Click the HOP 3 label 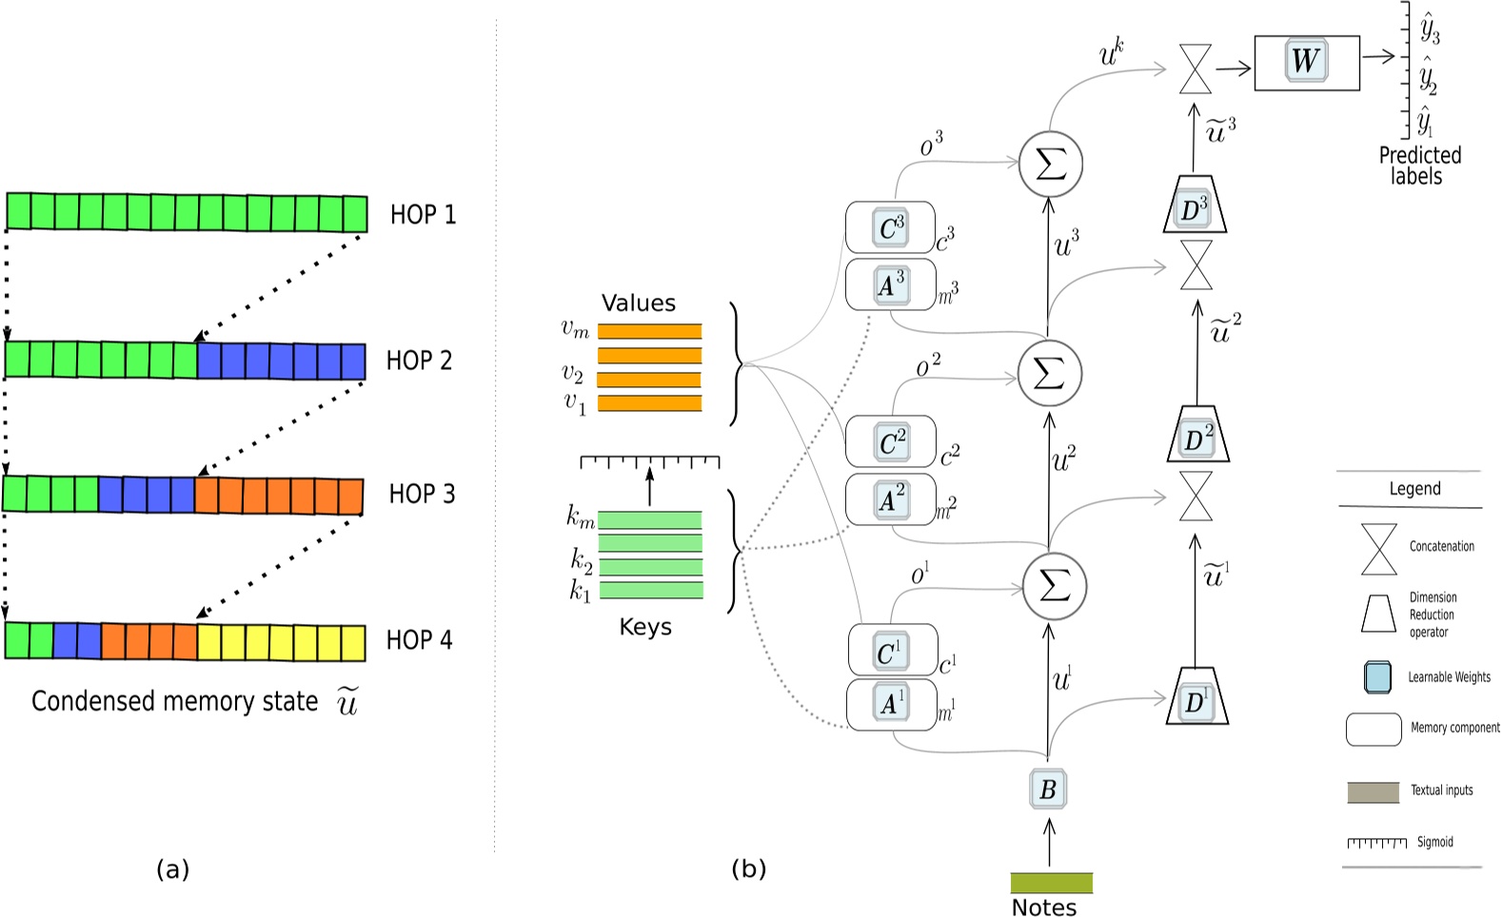click(422, 494)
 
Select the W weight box click(1305, 62)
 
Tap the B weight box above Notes click(1048, 789)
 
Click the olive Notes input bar click(1051, 883)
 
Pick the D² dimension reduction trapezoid click(1197, 437)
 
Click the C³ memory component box click(890, 228)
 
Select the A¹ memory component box click(891, 704)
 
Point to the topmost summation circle click(1050, 164)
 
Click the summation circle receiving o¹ click(1054, 586)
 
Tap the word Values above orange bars click(639, 303)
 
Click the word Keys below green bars click(645, 627)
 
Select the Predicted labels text click(1419, 166)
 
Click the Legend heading click(1414, 489)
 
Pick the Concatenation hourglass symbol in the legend click(1378, 549)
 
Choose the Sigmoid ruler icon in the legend click(1376, 843)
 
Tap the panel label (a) click(172, 868)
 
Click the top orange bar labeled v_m click(649, 331)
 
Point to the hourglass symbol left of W click(1196, 68)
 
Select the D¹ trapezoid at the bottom click(1196, 698)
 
